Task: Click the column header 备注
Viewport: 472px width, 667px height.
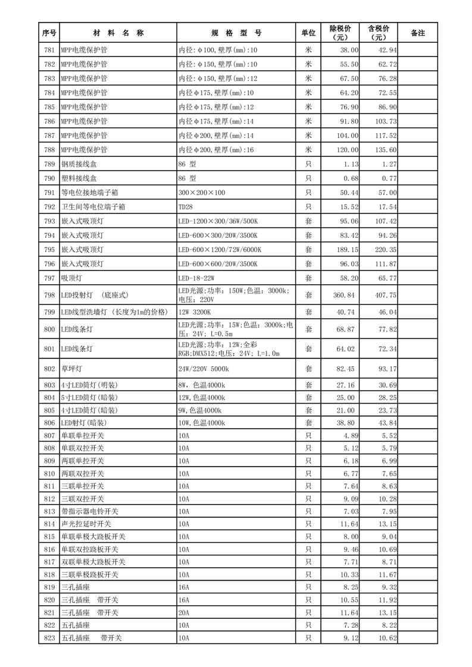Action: click(418, 33)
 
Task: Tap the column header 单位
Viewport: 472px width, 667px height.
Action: click(308, 33)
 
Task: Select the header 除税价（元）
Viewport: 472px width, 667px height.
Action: click(340, 33)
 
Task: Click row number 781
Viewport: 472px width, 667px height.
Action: click(49, 50)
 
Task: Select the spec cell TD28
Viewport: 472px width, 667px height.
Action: click(186, 207)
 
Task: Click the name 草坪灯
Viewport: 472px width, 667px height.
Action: click(72, 369)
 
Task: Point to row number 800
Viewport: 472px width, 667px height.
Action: click(49, 329)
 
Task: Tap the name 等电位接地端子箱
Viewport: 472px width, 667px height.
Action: click(90, 193)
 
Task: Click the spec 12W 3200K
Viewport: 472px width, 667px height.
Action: click(195, 312)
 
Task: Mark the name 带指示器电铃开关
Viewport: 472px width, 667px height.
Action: click(90, 511)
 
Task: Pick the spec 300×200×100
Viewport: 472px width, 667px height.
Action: click(202, 193)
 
